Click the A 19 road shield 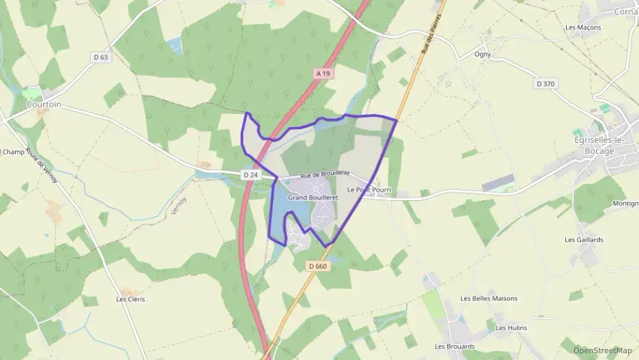click(x=323, y=72)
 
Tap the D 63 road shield click(x=100, y=57)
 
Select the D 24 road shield click(x=251, y=175)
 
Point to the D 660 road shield click(x=318, y=266)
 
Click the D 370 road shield click(x=546, y=83)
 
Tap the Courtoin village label click(x=44, y=105)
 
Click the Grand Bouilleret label click(x=309, y=197)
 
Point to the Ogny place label click(x=483, y=54)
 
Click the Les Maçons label click(x=583, y=27)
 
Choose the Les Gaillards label click(x=584, y=240)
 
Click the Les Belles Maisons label click(x=489, y=299)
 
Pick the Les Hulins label click(x=511, y=328)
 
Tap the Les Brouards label click(x=455, y=346)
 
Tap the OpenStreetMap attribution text click(x=603, y=350)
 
